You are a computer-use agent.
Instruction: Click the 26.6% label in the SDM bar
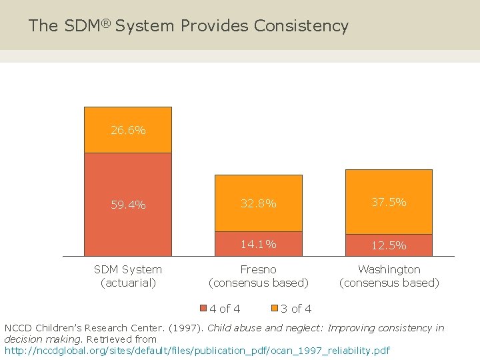click(128, 131)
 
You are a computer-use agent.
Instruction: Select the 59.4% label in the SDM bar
click(128, 205)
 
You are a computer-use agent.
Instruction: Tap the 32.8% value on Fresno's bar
click(258, 203)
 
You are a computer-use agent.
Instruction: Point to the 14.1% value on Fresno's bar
click(258, 244)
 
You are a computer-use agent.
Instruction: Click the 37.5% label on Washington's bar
click(389, 202)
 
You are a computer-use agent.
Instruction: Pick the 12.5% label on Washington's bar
click(389, 245)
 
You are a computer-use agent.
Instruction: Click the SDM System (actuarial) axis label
click(128, 276)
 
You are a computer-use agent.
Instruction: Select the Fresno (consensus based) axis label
click(258, 276)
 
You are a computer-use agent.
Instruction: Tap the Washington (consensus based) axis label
click(389, 276)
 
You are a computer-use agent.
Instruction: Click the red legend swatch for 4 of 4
click(205, 308)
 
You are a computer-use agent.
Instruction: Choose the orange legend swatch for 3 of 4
click(275, 308)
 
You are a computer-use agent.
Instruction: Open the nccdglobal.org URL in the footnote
click(197, 350)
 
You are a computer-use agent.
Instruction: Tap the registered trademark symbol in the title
click(106, 23)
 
